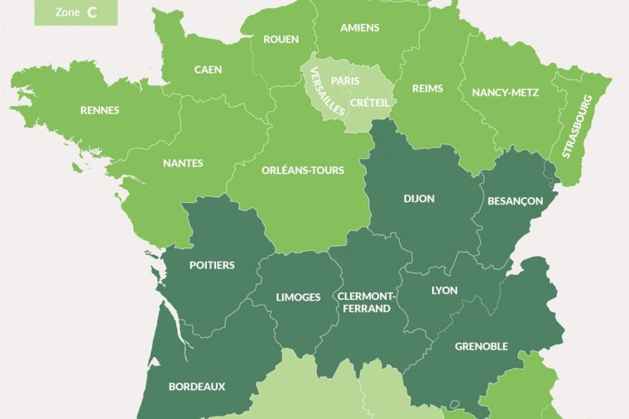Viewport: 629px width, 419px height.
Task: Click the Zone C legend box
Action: (x=75, y=12)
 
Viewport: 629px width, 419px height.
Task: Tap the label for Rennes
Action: (x=99, y=110)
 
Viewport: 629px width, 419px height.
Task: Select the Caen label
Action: (x=208, y=70)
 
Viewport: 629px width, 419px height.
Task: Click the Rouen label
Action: (x=281, y=39)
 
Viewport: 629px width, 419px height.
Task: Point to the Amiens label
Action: (x=359, y=27)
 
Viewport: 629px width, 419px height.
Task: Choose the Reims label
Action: (x=428, y=89)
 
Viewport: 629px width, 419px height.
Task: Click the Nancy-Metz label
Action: (x=505, y=93)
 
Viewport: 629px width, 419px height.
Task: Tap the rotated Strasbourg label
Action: (x=578, y=126)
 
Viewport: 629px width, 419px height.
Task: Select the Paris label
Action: (x=345, y=80)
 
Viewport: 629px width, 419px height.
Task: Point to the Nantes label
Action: (x=183, y=163)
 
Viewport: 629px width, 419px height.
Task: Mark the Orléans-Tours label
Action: (x=302, y=170)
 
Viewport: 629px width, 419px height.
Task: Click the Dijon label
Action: (x=419, y=199)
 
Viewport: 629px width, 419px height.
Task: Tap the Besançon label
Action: (x=515, y=200)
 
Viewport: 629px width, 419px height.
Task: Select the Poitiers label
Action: (x=212, y=265)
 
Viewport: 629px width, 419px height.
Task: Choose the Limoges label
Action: (x=298, y=297)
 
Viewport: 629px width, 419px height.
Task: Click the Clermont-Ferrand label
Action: (x=364, y=301)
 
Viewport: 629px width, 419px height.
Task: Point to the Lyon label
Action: (x=444, y=291)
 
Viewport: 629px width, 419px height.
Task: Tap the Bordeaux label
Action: (x=197, y=386)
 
